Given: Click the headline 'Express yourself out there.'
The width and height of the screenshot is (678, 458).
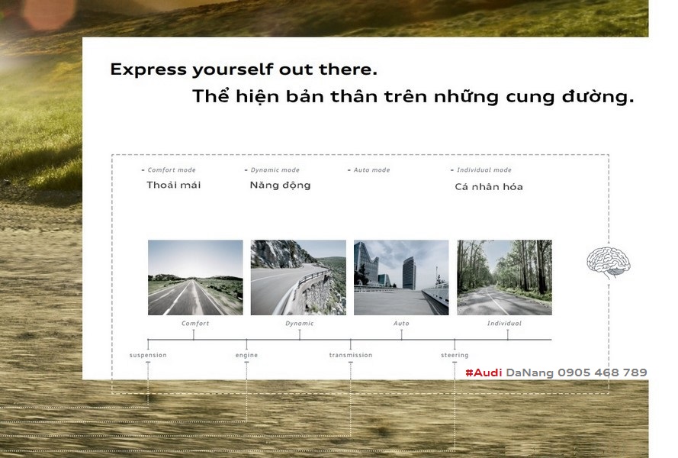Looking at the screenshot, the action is point(243,69).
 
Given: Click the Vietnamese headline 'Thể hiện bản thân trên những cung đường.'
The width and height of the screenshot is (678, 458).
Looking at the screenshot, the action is point(413,96).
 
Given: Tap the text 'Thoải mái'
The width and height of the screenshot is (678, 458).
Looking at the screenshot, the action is point(173,185).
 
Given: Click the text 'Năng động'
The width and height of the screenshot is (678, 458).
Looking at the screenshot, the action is point(280,185).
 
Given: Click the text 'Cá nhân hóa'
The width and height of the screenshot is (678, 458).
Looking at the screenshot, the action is point(489,186).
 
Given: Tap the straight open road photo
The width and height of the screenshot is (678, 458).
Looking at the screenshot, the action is point(195,278).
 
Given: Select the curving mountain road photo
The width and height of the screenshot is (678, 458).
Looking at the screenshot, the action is point(298,278).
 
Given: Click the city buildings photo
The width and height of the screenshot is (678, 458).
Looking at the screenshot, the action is point(401,278).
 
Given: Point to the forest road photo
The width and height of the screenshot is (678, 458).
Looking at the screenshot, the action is point(504,278).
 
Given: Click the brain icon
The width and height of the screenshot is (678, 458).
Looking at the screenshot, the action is point(609,262).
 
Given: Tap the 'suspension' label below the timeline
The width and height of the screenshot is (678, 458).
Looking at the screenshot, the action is point(148,355).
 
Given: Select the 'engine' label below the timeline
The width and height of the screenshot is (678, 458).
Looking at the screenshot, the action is point(246,355).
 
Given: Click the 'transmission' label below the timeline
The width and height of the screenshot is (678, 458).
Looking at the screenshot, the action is point(351,355).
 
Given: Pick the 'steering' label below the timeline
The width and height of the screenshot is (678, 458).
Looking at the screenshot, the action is point(455,355).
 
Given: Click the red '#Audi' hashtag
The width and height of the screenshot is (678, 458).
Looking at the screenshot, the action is point(484,373).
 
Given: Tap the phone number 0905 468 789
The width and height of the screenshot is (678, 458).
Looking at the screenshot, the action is point(602,373).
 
